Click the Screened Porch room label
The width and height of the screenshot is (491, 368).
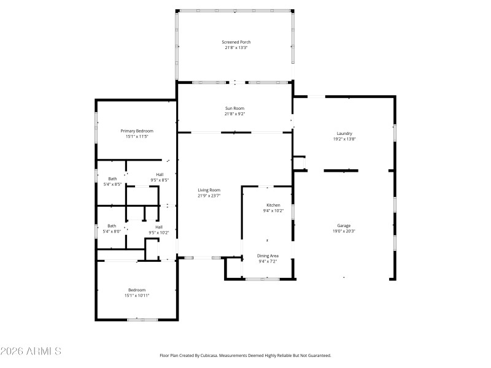[236, 42]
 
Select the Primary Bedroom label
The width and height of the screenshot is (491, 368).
[136, 131]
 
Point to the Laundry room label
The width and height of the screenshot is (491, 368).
[344, 134]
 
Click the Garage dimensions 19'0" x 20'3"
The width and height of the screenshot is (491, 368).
[344, 231]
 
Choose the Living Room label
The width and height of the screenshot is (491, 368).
[209, 190]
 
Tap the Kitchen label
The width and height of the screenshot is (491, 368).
[273, 205]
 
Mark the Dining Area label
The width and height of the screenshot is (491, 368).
[268, 256]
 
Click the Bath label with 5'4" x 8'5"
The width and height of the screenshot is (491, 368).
[112, 178]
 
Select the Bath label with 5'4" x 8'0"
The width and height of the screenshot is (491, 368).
[112, 226]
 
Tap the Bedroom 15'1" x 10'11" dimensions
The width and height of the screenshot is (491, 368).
[136, 296]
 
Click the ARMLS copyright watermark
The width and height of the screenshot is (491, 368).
[31, 351]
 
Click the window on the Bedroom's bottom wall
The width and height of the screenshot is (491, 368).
[142, 319]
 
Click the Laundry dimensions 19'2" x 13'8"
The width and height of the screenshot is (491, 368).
[344, 139]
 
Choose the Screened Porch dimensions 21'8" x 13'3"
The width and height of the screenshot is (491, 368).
[236, 48]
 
